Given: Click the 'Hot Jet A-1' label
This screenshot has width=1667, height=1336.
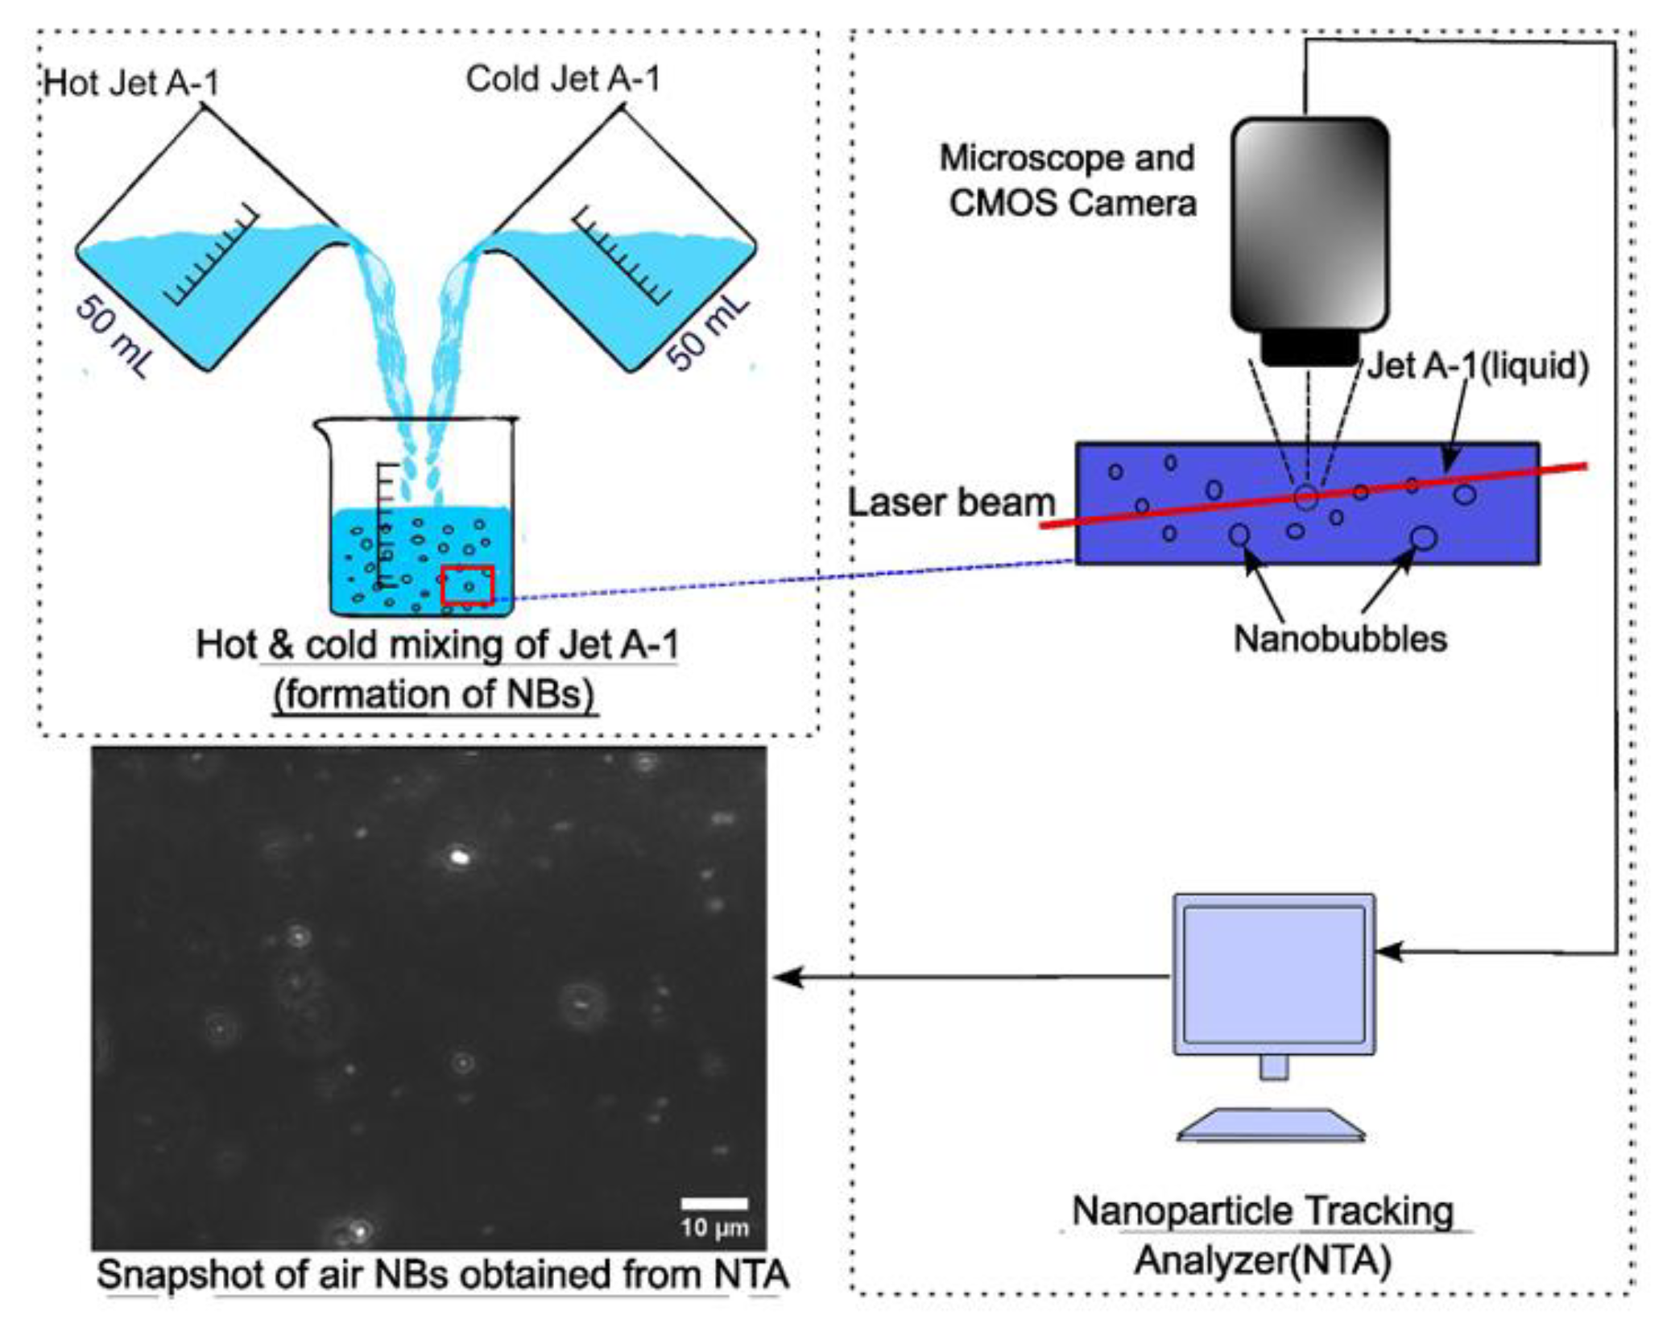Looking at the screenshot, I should [x=131, y=83].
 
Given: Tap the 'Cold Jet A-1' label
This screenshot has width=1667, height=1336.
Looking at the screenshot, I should [x=563, y=79].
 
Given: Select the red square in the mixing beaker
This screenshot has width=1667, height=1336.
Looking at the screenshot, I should [x=466, y=585].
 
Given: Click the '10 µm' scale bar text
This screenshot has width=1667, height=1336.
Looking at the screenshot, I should [x=714, y=1228].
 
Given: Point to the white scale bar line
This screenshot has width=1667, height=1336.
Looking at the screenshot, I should [x=714, y=1204].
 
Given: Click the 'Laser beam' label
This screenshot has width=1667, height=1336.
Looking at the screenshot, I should [x=951, y=503].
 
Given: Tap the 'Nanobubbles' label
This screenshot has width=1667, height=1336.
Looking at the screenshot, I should [x=1340, y=639].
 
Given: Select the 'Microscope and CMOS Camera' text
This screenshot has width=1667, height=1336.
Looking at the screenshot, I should [x=1069, y=180].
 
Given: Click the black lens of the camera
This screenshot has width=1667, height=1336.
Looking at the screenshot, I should [x=1309, y=350].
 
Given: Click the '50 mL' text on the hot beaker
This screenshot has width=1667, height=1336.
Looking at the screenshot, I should [x=114, y=337].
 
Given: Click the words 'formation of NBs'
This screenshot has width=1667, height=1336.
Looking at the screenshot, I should [x=434, y=694].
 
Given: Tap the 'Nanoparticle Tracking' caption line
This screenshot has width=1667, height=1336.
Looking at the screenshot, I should [x=1263, y=1210].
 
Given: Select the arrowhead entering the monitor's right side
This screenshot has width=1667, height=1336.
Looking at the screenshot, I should [x=1387, y=951].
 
